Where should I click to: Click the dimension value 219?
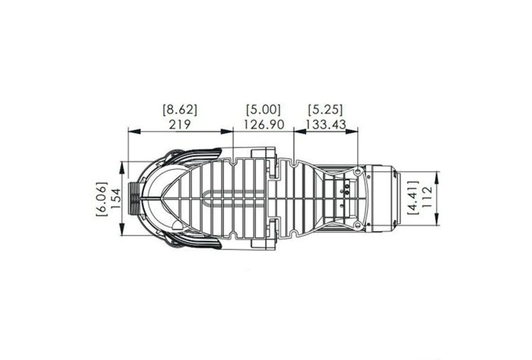pos(179,124)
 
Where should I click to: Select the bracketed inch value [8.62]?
pos(179,110)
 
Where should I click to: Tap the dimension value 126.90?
pos(263,124)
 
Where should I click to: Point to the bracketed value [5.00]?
pos(263,110)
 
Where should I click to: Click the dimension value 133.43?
pos(325,124)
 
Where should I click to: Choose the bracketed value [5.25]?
pos(325,110)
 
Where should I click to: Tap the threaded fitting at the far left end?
pos(133,198)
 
